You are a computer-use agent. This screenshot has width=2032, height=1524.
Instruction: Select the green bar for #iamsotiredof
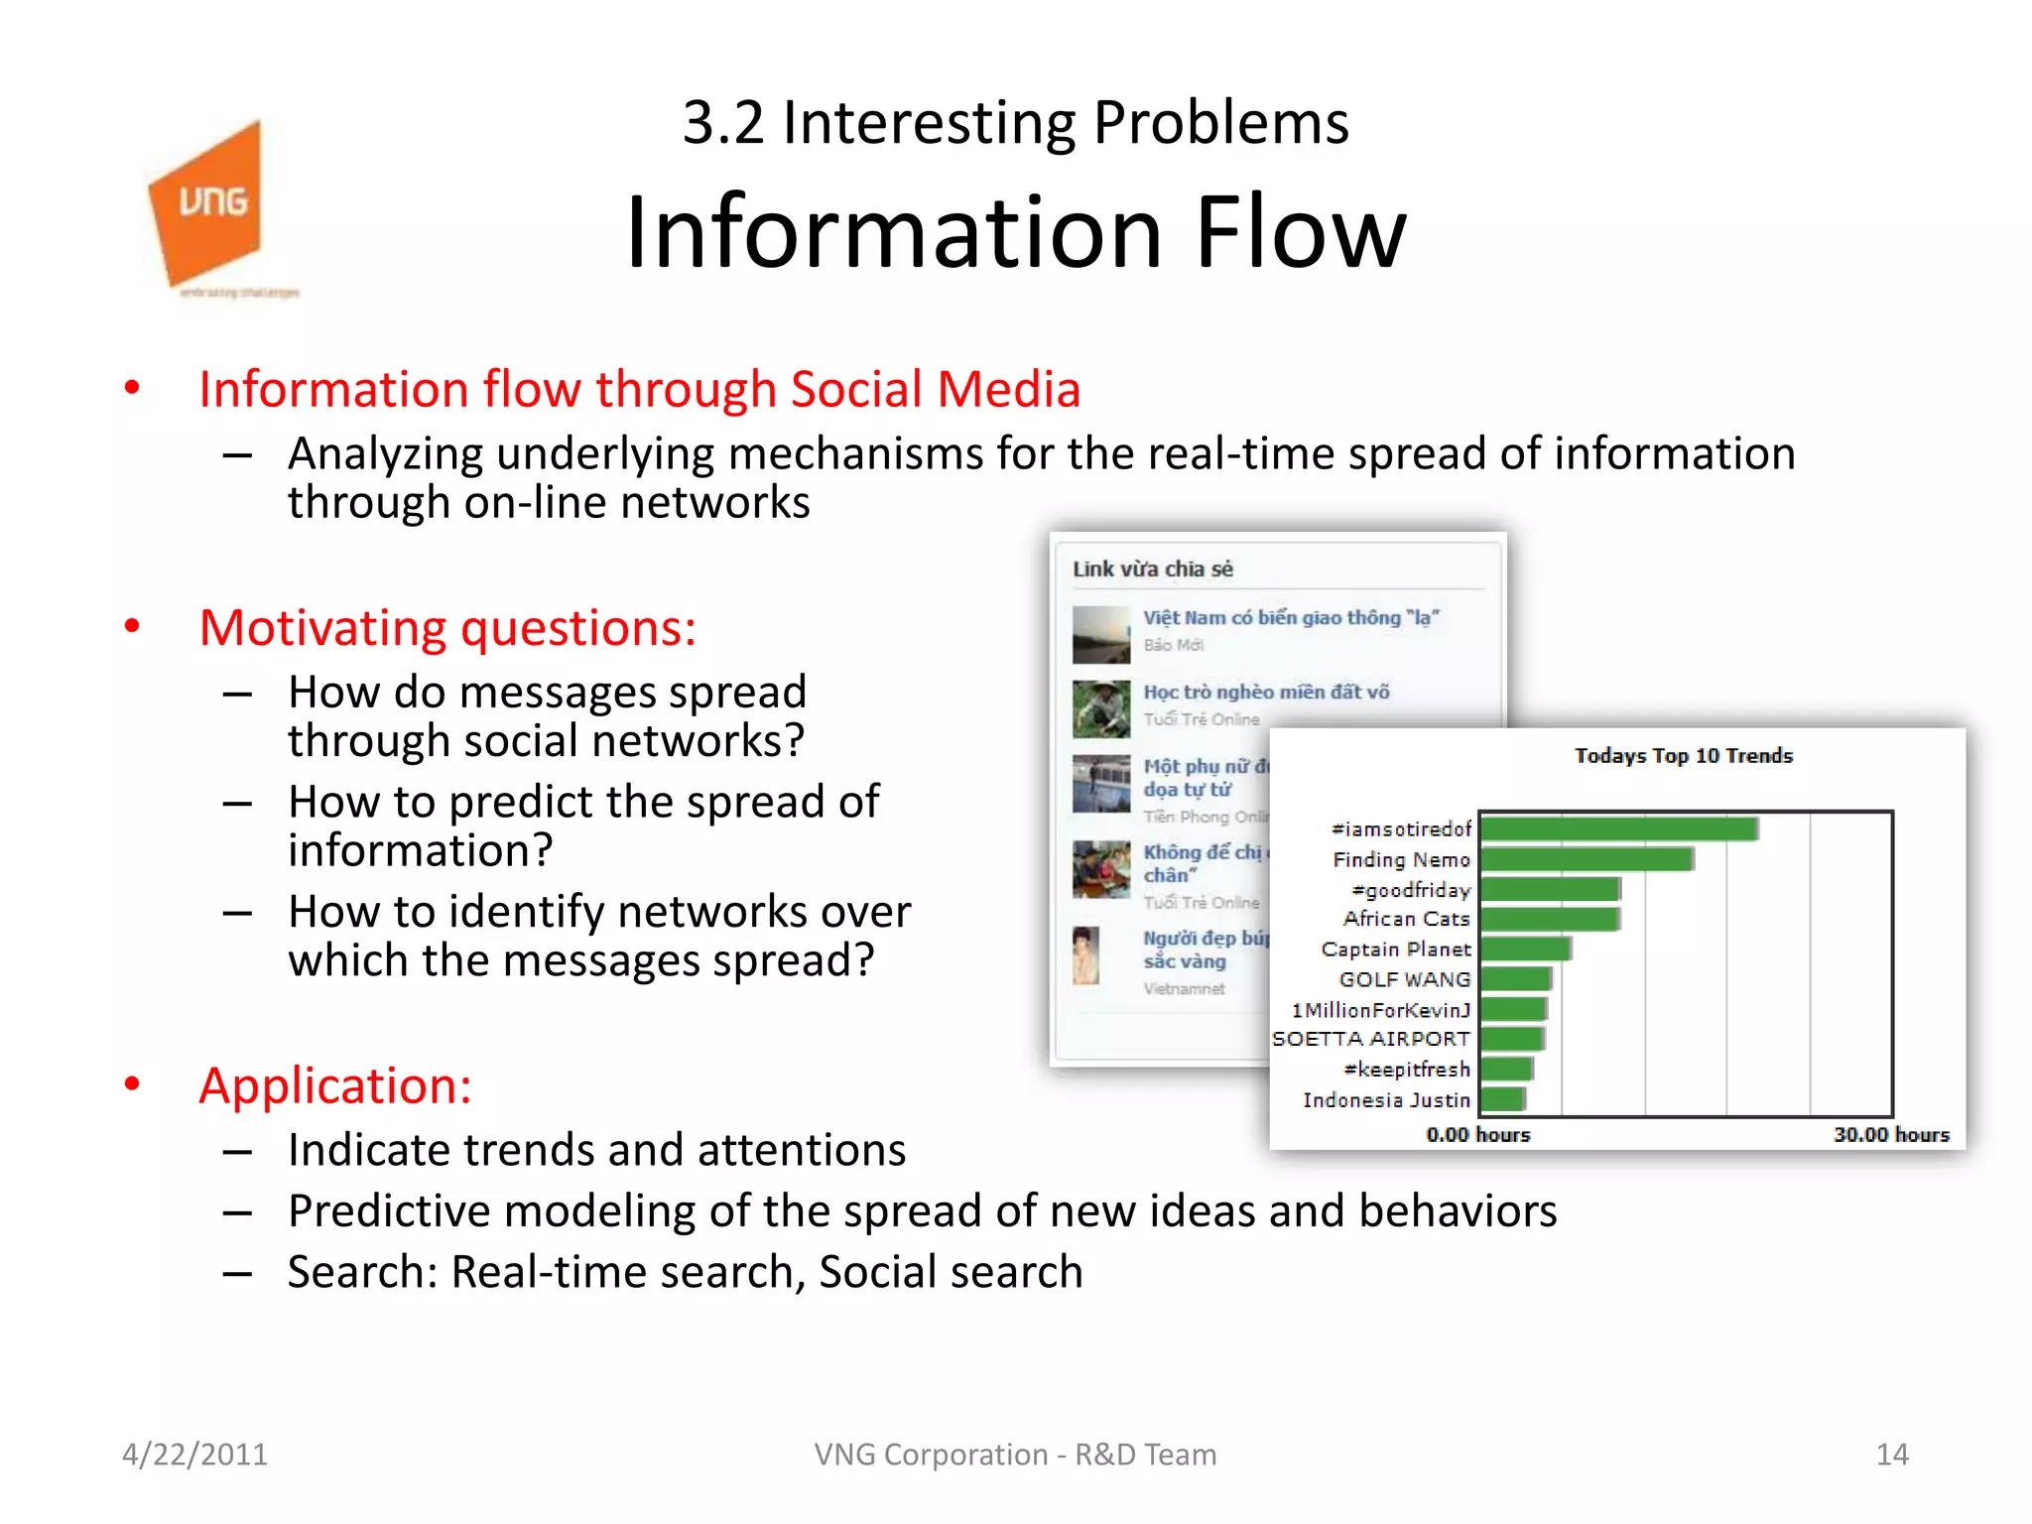pos(1617,828)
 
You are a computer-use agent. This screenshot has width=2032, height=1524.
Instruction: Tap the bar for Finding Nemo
pos(1586,859)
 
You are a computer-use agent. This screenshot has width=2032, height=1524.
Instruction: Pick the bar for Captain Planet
pos(1524,950)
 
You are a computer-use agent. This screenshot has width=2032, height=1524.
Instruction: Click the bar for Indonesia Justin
pos(1501,1099)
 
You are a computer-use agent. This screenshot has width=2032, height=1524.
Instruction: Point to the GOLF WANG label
pos(1404,980)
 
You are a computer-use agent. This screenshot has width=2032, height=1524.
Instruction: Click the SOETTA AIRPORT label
pos(1370,1039)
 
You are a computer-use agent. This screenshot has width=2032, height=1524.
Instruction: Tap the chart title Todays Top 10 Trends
pos(1684,756)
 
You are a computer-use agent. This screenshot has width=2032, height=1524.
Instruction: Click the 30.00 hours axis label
pos(1891,1134)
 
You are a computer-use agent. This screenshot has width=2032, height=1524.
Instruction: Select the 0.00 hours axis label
pos(1478,1134)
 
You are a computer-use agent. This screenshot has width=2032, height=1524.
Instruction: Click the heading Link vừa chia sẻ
pos(1153,570)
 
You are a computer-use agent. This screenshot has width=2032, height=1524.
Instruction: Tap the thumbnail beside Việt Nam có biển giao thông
pos(1100,634)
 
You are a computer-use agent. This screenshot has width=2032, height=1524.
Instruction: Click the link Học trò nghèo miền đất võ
pos(1266,693)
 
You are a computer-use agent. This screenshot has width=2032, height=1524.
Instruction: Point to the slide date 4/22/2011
pos(194,1455)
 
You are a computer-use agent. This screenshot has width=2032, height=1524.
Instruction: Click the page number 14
pos(1892,1455)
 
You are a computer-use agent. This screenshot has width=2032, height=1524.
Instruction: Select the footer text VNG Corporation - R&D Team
pos(1015,1455)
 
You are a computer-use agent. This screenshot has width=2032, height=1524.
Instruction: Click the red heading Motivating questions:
pos(447,629)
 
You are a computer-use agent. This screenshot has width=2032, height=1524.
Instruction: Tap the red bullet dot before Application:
pos(132,1083)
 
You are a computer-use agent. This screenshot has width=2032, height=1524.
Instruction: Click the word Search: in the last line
pos(362,1273)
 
